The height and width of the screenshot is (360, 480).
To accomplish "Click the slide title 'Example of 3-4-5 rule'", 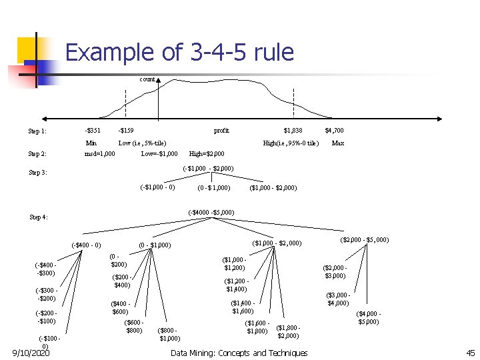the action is [x=179, y=53].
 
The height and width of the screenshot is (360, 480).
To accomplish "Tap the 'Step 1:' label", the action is [x=37, y=131].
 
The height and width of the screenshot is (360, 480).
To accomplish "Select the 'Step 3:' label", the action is [x=38, y=173].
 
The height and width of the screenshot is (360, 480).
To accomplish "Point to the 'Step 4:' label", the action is [x=39, y=217].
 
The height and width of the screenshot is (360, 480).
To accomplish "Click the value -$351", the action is [x=93, y=131].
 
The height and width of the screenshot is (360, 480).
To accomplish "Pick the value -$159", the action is [x=125, y=131].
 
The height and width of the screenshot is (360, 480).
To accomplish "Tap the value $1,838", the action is [x=293, y=131].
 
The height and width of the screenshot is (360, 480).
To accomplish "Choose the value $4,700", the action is [x=334, y=131].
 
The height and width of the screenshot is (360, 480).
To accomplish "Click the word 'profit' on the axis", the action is [x=221, y=131].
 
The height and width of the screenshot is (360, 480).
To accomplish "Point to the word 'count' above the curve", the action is [x=147, y=79].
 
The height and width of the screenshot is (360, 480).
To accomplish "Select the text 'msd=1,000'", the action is [x=99, y=154].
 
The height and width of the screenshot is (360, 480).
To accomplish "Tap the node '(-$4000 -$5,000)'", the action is [x=211, y=213].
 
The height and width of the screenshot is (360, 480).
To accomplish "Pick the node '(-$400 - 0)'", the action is [x=86, y=245].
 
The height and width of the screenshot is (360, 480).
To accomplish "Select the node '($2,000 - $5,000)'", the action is [x=365, y=239].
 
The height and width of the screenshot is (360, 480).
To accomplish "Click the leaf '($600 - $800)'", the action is [x=134, y=327].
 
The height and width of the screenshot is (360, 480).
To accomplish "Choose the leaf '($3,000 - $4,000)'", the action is [x=338, y=299].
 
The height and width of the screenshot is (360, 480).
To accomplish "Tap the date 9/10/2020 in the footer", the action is [x=31, y=353].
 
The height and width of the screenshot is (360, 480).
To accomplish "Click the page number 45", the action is [x=469, y=353].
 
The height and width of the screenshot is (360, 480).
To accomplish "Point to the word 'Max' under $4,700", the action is [x=338, y=143].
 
